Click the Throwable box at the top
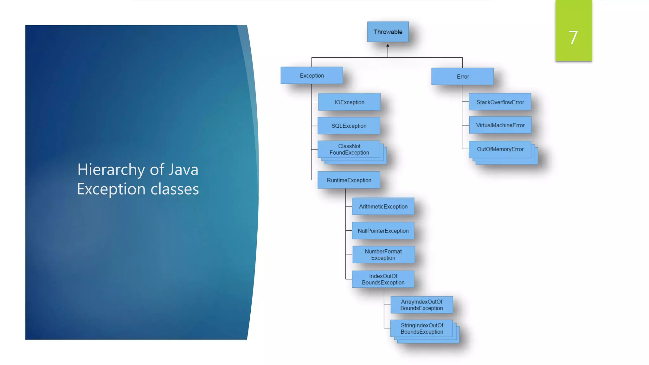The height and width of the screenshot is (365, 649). (x=388, y=32)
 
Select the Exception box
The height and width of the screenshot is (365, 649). (x=312, y=75)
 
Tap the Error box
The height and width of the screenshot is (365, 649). (x=462, y=76)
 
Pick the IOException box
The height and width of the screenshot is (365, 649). (x=349, y=102)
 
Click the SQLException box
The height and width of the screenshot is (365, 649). (x=349, y=126)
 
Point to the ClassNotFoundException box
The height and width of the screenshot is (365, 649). (x=349, y=149)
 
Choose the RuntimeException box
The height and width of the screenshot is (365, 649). (x=349, y=180)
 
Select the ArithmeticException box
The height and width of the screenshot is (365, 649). (x=383, y=206)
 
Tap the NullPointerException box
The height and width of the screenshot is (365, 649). (x=383, y=231)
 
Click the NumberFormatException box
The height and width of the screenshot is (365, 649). (x=383, y=254)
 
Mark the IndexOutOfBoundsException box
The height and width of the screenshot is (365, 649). (x=383, y=279)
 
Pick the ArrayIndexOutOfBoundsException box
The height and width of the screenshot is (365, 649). (x=421, y=305)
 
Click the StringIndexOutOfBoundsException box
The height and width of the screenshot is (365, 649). (x=421, y=329)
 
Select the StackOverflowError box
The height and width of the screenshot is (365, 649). (x=500, y=102)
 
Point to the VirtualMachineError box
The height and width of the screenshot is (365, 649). (x=500, y=125)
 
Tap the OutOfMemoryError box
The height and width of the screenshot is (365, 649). (x=500, y=149)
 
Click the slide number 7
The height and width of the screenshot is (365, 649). (x=573, y=37)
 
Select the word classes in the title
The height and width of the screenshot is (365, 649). (x=175, y=189)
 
